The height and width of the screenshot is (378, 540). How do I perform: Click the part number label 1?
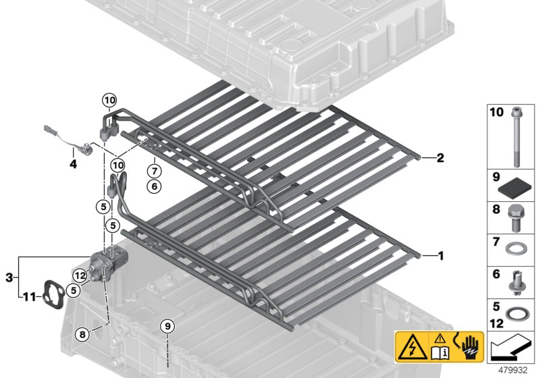[x=441, y=256]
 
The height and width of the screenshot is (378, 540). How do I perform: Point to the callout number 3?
[x=9, y=277]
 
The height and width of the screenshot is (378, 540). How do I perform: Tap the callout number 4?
[x=73, y=163]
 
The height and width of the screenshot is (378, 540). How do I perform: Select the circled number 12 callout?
[x=80, y=275]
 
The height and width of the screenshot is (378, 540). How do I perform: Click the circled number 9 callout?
[x=167, y=327]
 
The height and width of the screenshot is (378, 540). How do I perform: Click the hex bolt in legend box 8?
[x=516, y=215]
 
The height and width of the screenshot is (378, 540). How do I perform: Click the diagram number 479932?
[x=514, y=370]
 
